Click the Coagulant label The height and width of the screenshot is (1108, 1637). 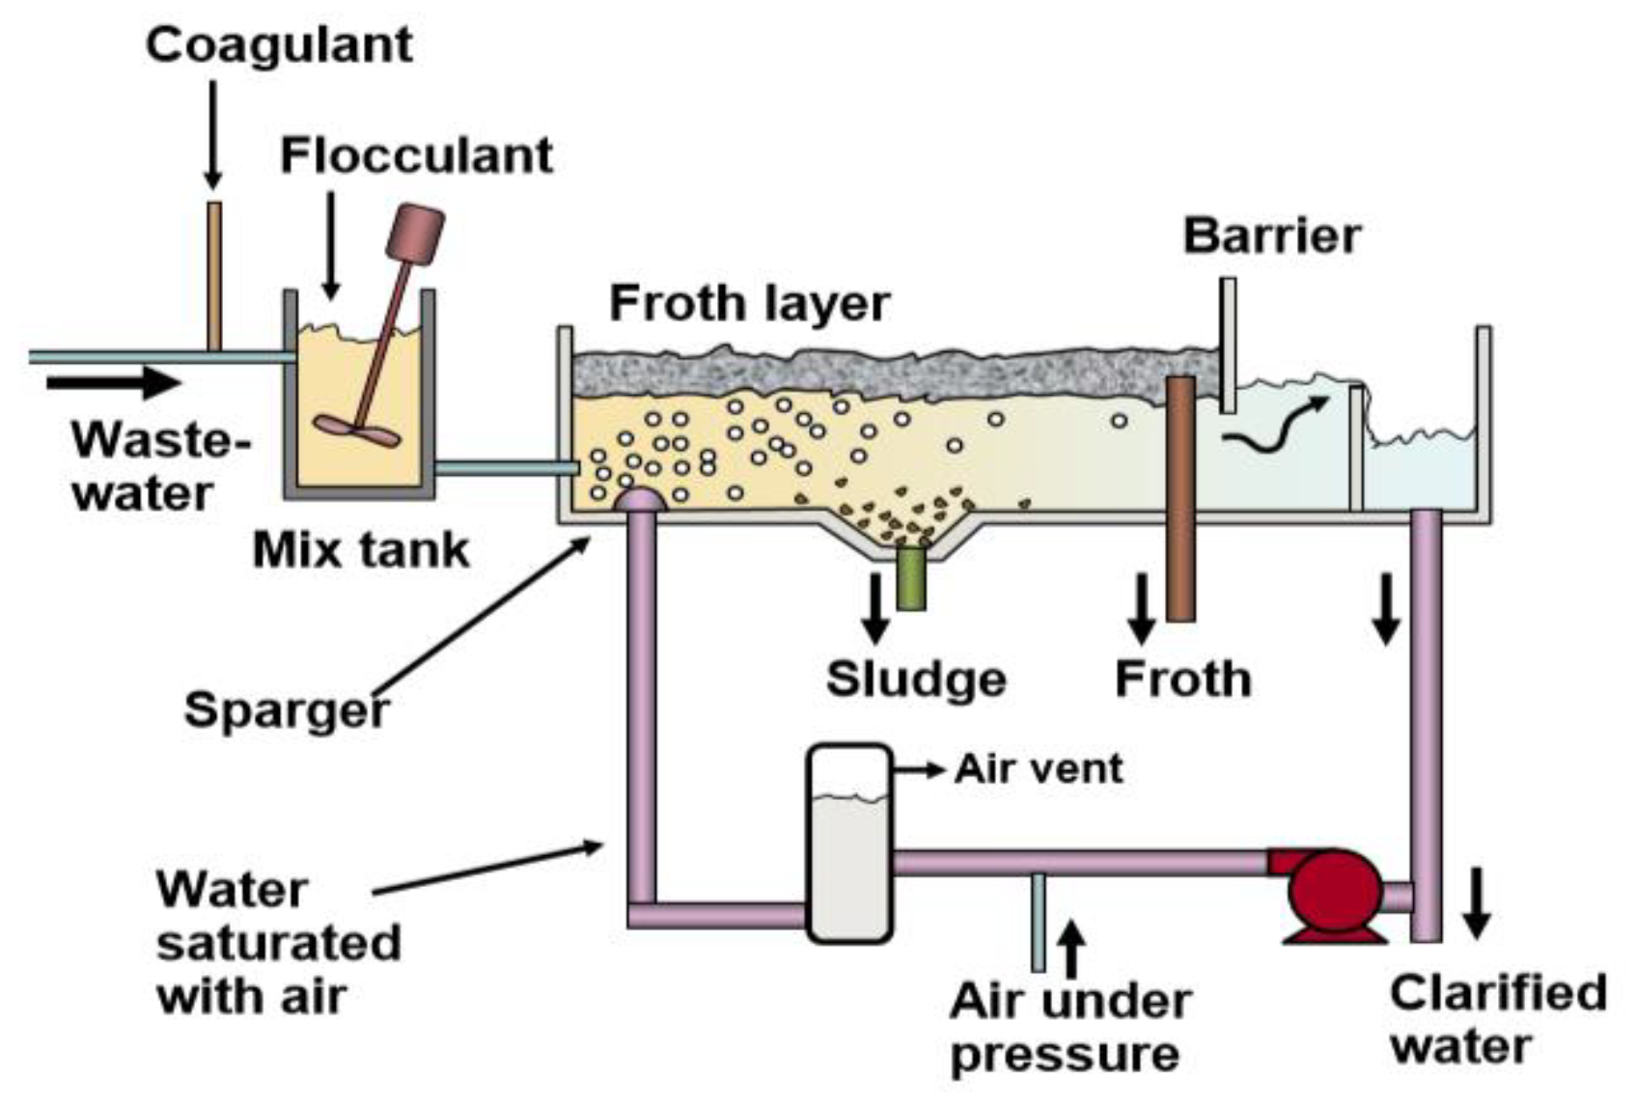(279, 45)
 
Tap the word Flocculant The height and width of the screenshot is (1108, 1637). (416, 155)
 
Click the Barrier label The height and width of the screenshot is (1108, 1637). (1271, 235)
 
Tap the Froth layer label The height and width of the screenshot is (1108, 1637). (749, 304)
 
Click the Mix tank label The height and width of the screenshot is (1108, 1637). (361, 551)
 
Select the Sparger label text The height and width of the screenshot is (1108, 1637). (287, 710)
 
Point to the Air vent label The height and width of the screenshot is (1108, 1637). (1039, 769)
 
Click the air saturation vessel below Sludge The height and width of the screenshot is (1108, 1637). (848, 844)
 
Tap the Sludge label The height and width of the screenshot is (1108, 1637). (916, 679)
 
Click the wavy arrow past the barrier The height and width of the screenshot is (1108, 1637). (1273, 426)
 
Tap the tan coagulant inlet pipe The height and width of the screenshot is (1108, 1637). (214, 276)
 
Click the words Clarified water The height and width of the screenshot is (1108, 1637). (1496, 1019)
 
